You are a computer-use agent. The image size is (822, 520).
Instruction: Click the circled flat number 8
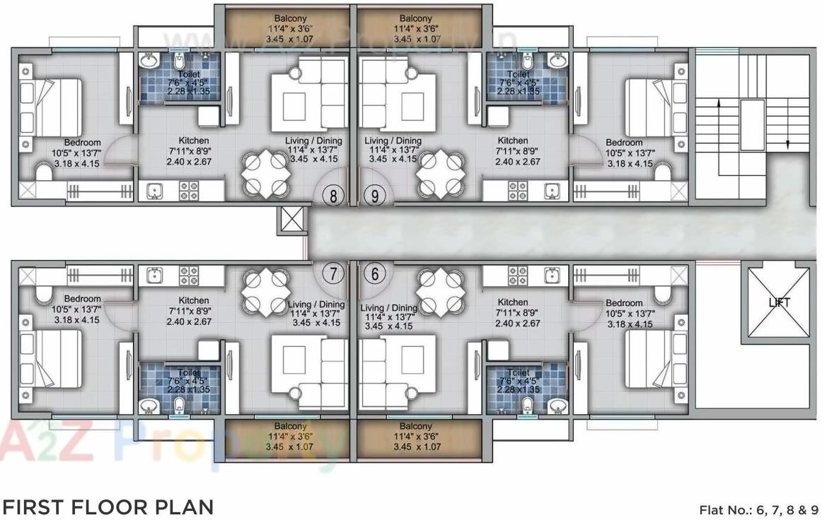[x=334, y=196]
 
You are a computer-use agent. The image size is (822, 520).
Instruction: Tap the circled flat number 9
[x=374, y=196]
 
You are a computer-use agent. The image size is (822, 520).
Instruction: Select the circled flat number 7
[x=334, y=272]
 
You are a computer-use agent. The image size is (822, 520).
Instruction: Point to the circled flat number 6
[x=374, y=272]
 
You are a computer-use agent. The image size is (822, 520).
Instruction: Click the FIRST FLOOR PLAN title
[x=108, y=507]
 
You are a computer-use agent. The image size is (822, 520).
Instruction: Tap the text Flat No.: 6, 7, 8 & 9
[x=758, y=509]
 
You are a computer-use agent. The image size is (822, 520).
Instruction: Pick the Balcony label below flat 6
[x=416, y=427]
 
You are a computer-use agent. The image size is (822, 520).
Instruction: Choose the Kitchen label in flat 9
[x=512, y=141]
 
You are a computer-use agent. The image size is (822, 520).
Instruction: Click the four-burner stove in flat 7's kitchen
[x=189, y=276]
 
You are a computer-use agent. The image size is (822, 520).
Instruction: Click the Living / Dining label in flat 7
[x=316, y=305]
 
